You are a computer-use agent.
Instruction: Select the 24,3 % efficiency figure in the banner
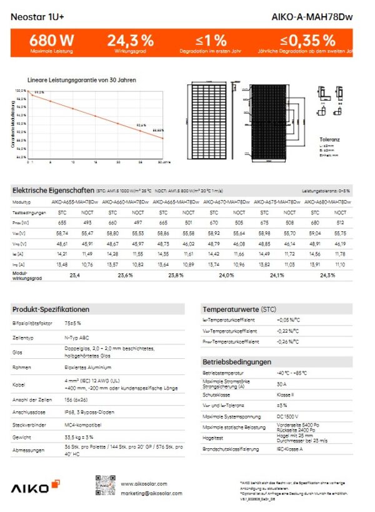click(130, 41)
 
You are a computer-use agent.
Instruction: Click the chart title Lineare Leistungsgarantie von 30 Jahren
click(82, 80)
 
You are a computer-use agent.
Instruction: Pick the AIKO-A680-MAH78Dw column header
click(327, 202)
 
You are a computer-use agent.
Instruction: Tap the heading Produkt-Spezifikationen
click(51, 309)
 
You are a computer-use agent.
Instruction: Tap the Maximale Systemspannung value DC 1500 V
click(288, 416)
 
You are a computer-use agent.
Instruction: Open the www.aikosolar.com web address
click(142, 483)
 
